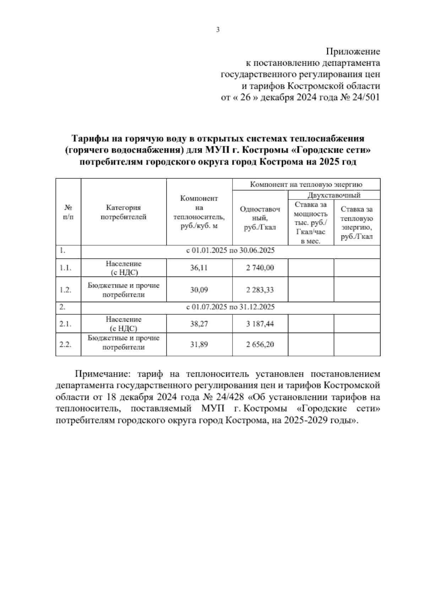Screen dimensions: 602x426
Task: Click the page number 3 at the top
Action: pos(218,30)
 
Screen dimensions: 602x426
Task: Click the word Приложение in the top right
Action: pos(353,52)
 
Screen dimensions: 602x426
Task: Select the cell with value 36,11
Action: pos(199,268)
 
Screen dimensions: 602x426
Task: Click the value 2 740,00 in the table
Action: pos(260,268)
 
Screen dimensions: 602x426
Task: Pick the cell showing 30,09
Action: pos(199,290)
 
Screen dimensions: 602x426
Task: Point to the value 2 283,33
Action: pos(260,290)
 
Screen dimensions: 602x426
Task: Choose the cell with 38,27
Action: pos(199,324)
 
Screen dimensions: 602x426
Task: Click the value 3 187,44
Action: pos(260,324)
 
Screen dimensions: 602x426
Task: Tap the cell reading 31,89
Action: pos(199,344)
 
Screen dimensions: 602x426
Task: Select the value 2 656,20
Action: pos(260,344)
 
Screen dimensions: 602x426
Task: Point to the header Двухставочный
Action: pos(334,195)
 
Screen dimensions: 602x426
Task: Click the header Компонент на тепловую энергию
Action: pos(306,185)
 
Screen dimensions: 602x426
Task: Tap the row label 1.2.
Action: pos(66,290)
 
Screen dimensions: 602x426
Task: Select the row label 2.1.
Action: pos(66,324)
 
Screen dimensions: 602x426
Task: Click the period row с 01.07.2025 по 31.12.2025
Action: pos(230,307)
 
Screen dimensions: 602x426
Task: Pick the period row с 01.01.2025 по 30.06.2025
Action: pos(230,251)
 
